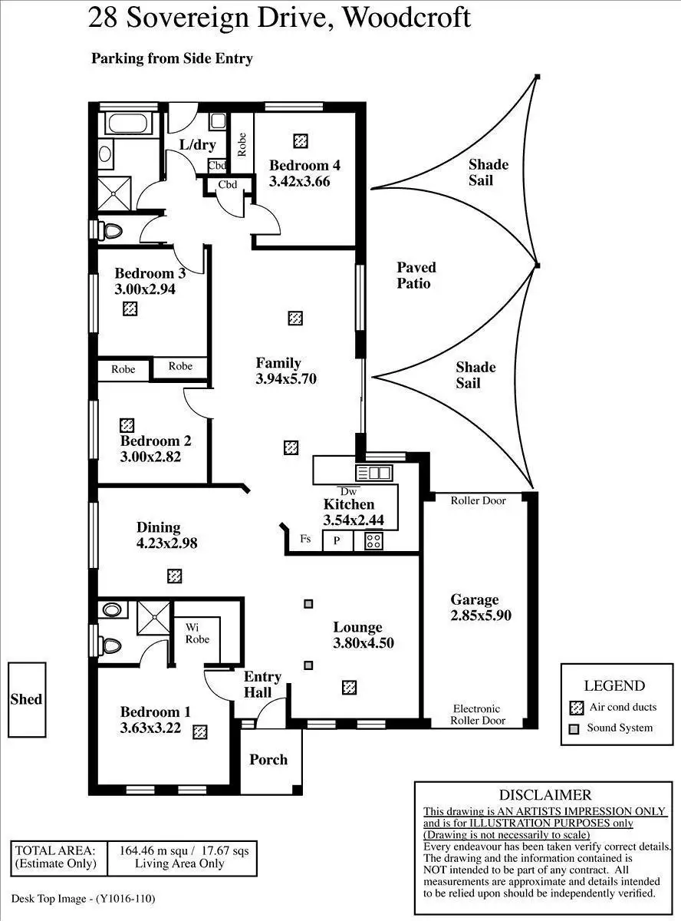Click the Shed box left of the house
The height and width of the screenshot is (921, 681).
click(x=26, y=699)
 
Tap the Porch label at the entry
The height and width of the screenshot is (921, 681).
click(x=268, y=760)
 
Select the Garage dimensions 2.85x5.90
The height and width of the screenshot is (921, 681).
click(x=481, y=615)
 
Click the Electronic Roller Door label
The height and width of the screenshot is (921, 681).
click(x=476, y=715)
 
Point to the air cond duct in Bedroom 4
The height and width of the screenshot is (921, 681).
click(x=301, y=141)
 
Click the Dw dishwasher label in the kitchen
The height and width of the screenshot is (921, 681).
click(x=349, y=491)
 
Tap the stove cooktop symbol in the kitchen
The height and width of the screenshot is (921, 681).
click(x=373, y=540)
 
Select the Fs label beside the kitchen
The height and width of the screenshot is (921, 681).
click(x=305, y=539)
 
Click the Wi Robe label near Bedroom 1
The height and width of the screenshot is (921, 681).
click(x=197, y=633)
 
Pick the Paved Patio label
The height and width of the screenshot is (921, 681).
click(x=416, y=275)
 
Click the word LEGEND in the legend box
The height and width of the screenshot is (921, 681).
click(x=614, y=685)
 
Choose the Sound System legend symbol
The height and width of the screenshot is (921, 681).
click(x=574, y=728)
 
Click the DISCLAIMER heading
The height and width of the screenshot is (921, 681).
click(x=545, y=795)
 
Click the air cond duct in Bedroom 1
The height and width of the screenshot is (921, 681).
click(x=200, y=732)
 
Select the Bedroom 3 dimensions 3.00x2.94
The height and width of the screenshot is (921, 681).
click(x=145, y=289)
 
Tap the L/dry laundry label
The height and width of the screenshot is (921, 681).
click(x=197, y=145)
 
